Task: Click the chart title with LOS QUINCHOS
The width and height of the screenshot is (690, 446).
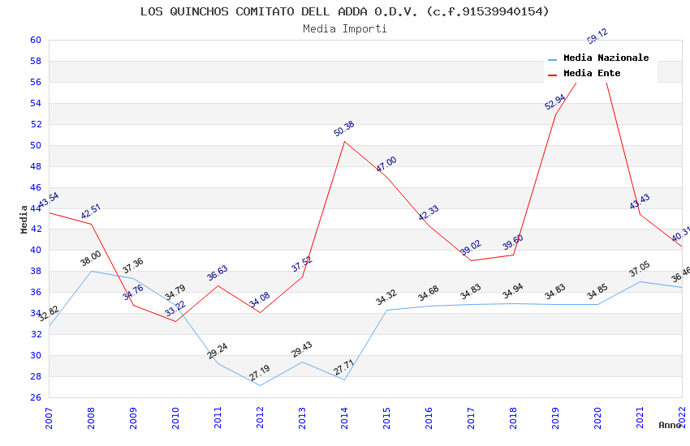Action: point(345,11)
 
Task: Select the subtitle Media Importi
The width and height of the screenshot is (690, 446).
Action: point(345,28)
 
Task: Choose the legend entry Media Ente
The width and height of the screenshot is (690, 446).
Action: point(592,73)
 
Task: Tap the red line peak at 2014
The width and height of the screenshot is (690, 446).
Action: point(344,141)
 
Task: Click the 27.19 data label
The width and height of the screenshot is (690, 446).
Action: point(260,373)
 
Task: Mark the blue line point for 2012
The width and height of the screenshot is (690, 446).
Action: point(260,385)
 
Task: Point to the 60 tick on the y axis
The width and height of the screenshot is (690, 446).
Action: point(36,40)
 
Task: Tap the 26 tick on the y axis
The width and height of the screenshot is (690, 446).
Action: point(36,397)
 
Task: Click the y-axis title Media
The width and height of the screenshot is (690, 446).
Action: point(24,219)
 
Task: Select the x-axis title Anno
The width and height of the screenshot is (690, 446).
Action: point(670,425)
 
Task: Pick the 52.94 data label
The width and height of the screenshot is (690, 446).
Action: point(555,101)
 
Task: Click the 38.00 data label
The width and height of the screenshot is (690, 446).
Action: point(91,261)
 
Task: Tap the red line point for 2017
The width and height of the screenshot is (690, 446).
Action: point(471,260)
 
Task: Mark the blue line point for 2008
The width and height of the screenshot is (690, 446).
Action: point(91,271)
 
